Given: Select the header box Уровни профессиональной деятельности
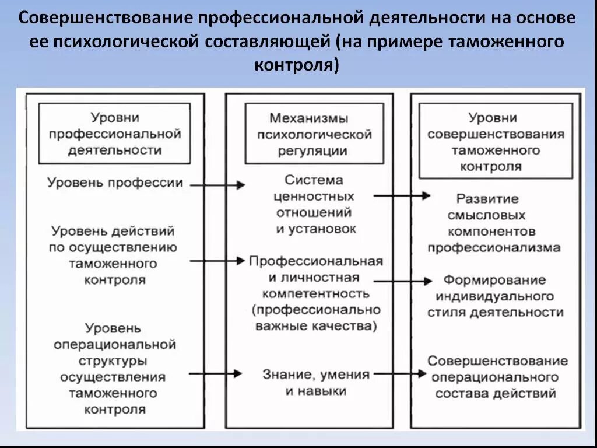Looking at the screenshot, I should click(114, 134).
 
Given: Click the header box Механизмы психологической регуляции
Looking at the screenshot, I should click(314, 134).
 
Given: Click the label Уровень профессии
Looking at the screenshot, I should click(115, 183).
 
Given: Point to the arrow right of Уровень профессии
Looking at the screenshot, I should click(217, 185).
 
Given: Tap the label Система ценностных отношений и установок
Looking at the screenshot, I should click(315, 204).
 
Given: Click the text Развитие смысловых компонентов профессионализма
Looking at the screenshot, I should click(494, 223).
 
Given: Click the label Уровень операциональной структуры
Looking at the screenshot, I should click(114, 368).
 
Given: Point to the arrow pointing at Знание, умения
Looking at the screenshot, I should click(216, 373).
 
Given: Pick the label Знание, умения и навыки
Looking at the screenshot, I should click(315, 382).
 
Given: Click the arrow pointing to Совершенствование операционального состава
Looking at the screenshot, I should click(401, 373).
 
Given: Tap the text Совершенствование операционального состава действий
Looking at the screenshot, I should click(497, 377).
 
